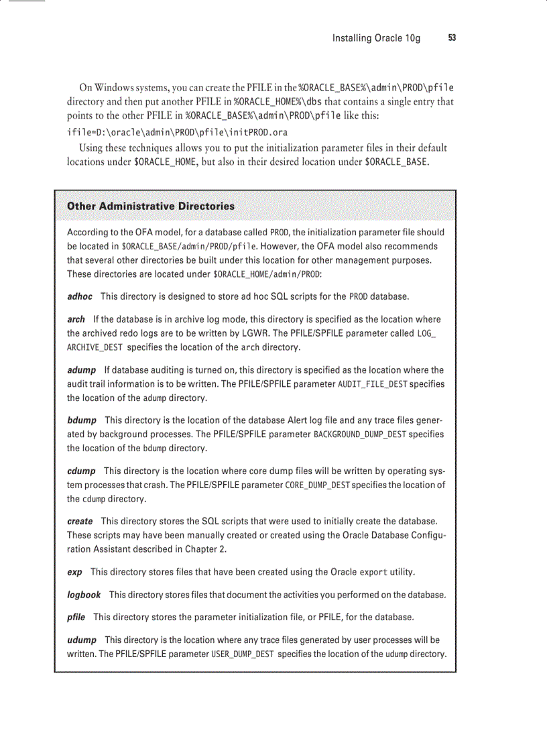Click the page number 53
click(x=452, y=38)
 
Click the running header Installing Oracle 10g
click(x=376, y=38)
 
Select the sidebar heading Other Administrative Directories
click(x=151, y=206)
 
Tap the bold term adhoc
click(x=80, y=296)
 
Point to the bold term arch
click(x=76, y=319)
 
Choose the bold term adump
click(x=81, y=370)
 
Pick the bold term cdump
click(x=81, y=471)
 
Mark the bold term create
click(x=80, y=521)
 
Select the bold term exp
click(x=74, y=572)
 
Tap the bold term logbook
click(x=84, y=595)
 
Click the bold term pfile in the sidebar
click(x=76, y=617)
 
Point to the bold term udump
click(x=82, y=640)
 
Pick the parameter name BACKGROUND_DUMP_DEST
click(x=360, y=435)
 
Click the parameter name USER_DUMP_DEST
click(x=242, y=654)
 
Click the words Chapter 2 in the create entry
click(x=204, y=549)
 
